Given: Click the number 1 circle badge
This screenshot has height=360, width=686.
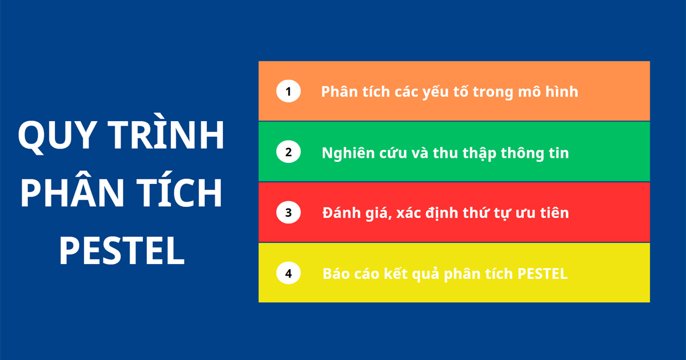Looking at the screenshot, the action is (x=288, y=91).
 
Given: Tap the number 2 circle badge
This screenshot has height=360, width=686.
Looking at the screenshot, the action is (x=288, y=152).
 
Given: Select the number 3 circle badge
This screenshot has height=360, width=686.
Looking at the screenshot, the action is (x=288, y=213).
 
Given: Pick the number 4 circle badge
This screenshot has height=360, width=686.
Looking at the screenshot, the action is (x=288, y=273).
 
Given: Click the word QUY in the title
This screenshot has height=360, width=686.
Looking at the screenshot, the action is (x=57, y=135).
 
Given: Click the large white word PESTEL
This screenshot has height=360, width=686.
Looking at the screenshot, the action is (x=122, y=250).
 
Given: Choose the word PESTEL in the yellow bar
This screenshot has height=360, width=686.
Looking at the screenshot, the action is (x=543, y=274).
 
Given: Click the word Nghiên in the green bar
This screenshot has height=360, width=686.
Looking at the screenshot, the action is (x=349, y=153).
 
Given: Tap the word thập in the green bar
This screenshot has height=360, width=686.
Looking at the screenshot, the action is (x=479, y=153).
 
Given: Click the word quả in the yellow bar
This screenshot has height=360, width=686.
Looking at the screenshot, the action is (x=425, y=274).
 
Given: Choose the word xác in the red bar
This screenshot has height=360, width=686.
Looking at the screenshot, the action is (x=409, y=213).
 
